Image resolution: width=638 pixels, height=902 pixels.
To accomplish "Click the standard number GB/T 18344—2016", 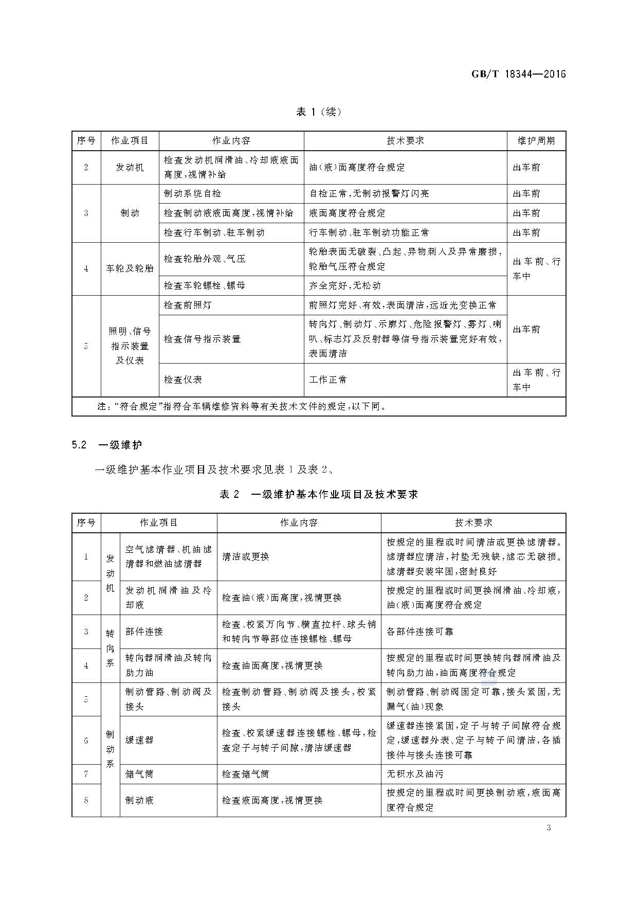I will [x=518, y=74].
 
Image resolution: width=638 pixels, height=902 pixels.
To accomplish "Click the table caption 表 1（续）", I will [x=319, y=112].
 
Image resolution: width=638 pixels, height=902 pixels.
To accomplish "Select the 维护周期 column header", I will [x=536, y=140].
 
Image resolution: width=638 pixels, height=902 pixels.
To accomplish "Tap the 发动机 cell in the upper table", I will [x=130, y=167].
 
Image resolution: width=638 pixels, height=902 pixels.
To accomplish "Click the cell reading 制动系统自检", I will [x=192, y=193].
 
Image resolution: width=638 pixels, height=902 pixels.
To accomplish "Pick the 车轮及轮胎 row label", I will [x=130, y=268].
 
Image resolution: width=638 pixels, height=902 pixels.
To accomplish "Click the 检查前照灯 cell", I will [x=187, y=305].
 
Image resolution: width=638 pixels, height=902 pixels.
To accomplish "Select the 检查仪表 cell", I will [x=183, y=380].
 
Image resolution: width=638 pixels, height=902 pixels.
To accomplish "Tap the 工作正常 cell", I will [x=328, y=380].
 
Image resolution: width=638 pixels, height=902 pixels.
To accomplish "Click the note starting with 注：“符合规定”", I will [x=242, y=406].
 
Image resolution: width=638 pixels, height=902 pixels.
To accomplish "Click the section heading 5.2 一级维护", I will [x=107, y=445].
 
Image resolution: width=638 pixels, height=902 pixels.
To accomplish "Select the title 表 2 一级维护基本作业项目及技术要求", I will [x=319, y=494].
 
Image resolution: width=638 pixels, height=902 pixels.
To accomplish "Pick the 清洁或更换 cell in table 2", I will [x=245, y=556].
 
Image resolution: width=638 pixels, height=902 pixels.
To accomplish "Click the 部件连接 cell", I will [x=144, y=632].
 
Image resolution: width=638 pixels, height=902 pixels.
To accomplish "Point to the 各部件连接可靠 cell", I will [x=420, y=632].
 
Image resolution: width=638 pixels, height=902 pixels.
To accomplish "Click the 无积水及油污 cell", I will [x=414, y=774].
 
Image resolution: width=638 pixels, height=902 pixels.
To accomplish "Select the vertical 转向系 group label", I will [x=110, y=648].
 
